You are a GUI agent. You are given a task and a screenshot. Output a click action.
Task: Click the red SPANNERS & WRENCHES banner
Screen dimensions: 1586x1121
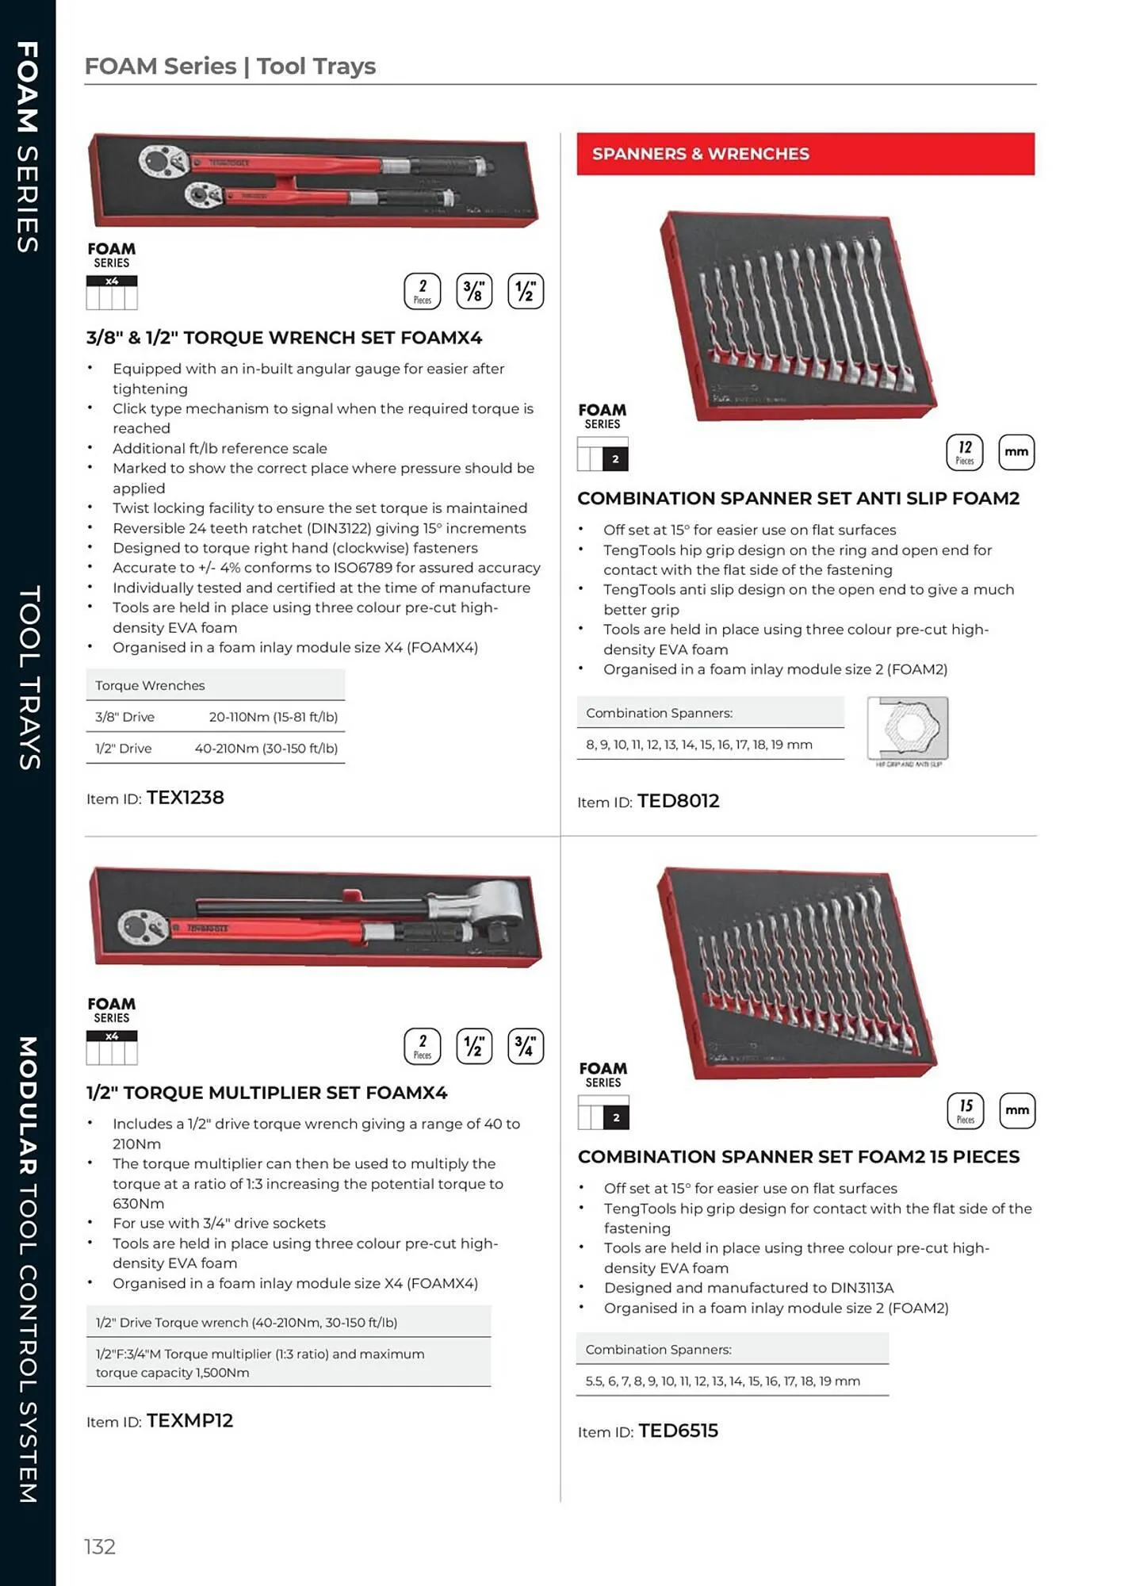[805, 154]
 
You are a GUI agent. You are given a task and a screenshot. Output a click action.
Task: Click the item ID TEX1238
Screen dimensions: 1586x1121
[185, 798]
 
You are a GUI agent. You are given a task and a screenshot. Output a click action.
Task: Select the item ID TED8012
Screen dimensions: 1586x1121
[678, 801]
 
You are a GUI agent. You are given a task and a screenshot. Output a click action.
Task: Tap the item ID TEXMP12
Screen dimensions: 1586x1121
[189, 1420]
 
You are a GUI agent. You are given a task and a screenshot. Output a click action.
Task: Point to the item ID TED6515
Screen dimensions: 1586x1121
[678, 1431]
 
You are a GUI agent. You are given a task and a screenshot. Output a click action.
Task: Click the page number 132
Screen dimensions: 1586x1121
[100, 1546]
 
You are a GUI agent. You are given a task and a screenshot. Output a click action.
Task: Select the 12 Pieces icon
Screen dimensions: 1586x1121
[964, 452]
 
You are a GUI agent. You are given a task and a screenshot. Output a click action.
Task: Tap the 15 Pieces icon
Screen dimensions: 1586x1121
[965, 1110]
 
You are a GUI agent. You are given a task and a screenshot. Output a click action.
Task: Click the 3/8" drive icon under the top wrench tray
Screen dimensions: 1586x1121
[473, 291]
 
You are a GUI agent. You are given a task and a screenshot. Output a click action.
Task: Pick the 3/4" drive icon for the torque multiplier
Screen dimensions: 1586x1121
[525, 1046]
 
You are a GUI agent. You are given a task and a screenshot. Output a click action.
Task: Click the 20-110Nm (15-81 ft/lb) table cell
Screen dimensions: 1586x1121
[273, 717]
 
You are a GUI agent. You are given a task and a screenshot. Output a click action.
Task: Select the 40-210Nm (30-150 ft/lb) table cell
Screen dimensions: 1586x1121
[266, 748]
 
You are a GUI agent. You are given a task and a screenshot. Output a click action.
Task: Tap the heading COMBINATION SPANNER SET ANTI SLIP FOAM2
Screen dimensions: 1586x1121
[798, 498]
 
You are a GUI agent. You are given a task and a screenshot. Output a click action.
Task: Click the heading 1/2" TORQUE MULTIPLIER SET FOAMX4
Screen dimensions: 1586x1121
[266, 1093]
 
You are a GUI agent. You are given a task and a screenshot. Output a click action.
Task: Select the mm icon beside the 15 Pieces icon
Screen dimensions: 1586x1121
[1016, 1110]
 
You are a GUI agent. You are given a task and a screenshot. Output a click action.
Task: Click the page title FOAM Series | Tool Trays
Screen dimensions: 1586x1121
[230, 66]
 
